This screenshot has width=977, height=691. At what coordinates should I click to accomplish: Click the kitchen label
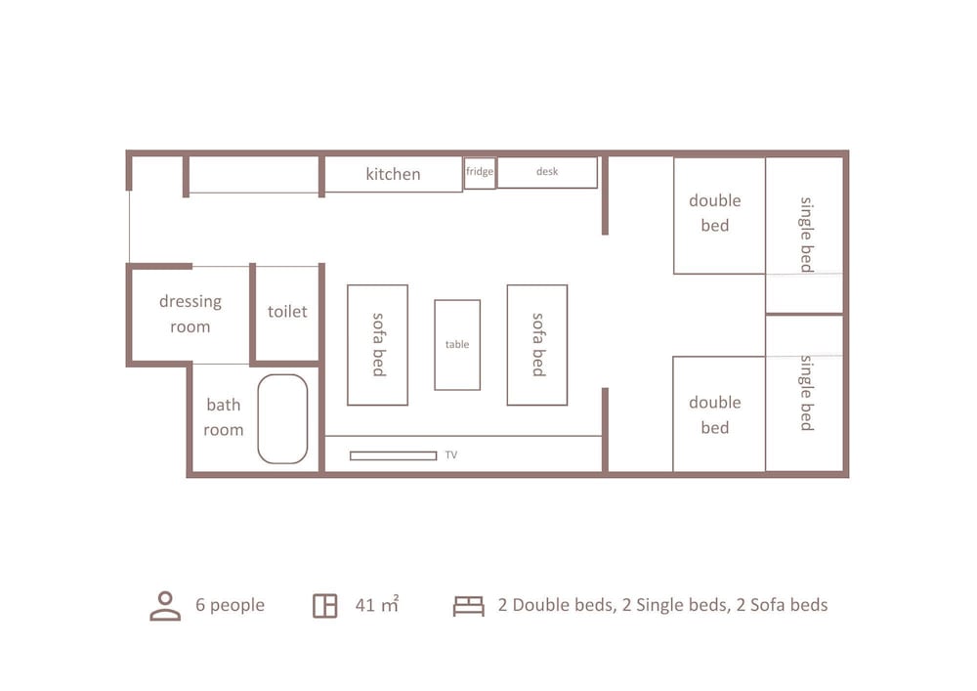[393, 174]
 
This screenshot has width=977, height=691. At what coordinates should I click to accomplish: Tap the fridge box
[480, 173]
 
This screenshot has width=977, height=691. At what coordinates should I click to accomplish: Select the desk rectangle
[547, 172]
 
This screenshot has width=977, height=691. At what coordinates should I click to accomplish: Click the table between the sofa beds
[457, 344]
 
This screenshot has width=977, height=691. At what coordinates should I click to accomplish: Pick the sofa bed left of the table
[377, 344]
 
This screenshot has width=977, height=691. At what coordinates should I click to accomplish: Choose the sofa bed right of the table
[536, 344]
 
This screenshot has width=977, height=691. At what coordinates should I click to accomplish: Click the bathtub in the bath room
[282, 418]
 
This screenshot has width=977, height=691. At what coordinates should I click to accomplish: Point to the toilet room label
[287, 312]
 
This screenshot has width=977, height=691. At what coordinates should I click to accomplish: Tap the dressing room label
[190, 314]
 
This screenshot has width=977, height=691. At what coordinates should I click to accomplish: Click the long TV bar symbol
[393, 455]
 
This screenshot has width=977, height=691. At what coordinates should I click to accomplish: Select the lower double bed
[719, 414]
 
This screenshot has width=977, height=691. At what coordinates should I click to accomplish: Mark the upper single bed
[804, 234]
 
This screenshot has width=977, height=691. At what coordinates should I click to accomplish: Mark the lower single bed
[804, 392]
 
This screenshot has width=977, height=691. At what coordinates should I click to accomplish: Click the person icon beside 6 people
[165, 605]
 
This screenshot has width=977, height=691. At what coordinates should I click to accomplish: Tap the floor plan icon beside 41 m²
[324, 605]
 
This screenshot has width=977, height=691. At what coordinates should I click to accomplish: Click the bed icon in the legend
[468, 606]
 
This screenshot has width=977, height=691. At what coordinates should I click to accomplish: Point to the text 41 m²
[376, 605]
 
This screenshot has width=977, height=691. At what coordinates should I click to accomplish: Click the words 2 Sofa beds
[782, 605]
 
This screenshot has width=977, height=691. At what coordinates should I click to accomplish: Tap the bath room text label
[223, 417]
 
